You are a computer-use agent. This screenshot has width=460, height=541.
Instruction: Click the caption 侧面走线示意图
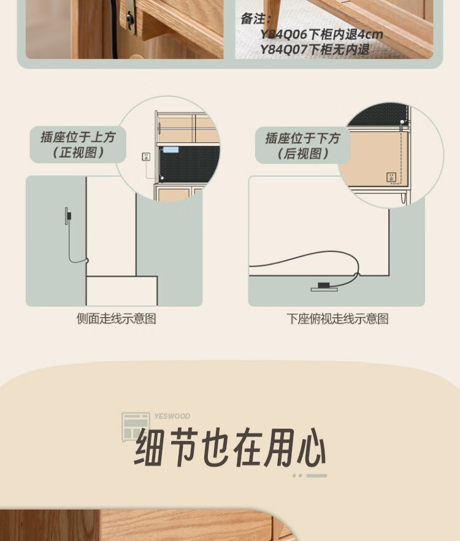coord(117,318)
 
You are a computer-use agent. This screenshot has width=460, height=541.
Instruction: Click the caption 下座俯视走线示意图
coord(337,319)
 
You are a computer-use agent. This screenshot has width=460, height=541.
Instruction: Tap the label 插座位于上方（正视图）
coord(78,145)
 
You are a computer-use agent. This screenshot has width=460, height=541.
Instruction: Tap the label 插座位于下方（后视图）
coord(302,146)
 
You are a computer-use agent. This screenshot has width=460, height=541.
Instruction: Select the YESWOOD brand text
coord(172,416)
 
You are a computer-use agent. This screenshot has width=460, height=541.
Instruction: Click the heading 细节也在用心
coord(230,447)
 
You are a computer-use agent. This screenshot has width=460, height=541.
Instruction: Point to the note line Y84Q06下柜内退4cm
coord(321,34)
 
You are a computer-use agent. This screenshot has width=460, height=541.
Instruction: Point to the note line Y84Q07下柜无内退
coord(315,49)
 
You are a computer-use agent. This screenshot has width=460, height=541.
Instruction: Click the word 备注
coord(255,18)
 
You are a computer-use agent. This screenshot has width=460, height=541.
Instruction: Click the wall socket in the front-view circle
coord(146,156)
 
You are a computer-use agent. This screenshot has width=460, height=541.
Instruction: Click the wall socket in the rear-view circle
coord(391,177)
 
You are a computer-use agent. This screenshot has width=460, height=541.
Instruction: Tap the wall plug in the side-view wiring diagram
coord(68,216)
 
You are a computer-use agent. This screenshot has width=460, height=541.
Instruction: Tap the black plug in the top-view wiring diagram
coord(324,285)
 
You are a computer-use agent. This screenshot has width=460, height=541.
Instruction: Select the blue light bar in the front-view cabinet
coord(171,150)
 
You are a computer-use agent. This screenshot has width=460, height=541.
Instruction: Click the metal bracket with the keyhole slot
coord(130,18)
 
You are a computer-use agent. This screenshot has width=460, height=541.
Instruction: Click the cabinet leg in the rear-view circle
coord(404,198)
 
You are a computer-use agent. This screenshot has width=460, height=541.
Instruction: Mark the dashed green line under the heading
coord(310,475)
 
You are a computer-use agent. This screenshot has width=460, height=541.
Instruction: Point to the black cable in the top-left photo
coord(113,29)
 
